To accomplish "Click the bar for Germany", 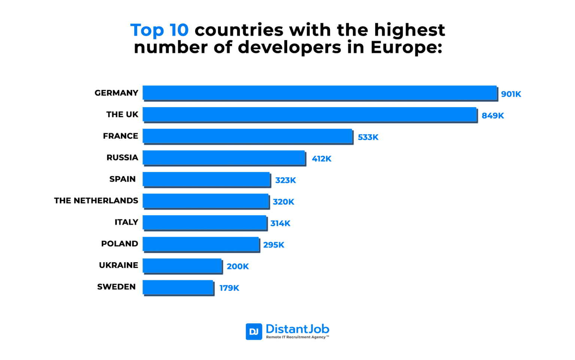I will click(320, 93).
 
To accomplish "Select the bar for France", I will click(247, 136).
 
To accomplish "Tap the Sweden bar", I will click(178, 287).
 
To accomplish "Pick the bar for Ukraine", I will click(182, 266).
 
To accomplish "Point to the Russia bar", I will click(224, 158).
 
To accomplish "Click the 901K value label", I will click(511, 94).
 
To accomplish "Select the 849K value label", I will click(493, 116).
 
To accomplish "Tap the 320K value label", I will click(283, 202).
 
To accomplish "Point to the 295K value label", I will click(274, 245).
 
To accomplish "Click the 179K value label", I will click(229, 288).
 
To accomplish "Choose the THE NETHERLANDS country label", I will click(96, 201).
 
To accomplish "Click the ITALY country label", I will click(126, 222).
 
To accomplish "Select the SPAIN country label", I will click(122, 179).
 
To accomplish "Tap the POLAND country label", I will click(119, 244).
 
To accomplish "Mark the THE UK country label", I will click(122, 115).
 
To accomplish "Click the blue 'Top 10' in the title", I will click(159, 30).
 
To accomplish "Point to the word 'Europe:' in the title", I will click(406, 47).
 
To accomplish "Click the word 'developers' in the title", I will click(289, 47).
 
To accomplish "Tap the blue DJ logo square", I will click(254, 332).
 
